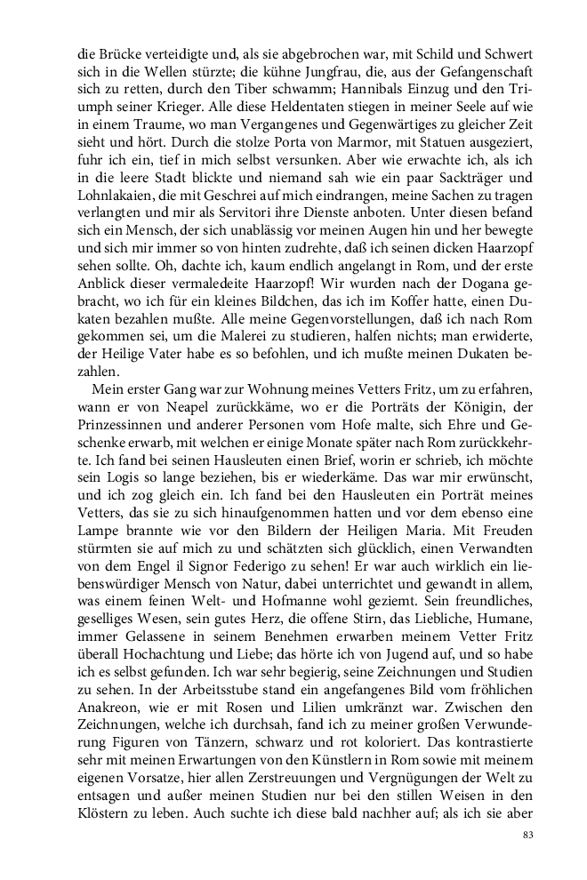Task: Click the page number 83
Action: (528, 836)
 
